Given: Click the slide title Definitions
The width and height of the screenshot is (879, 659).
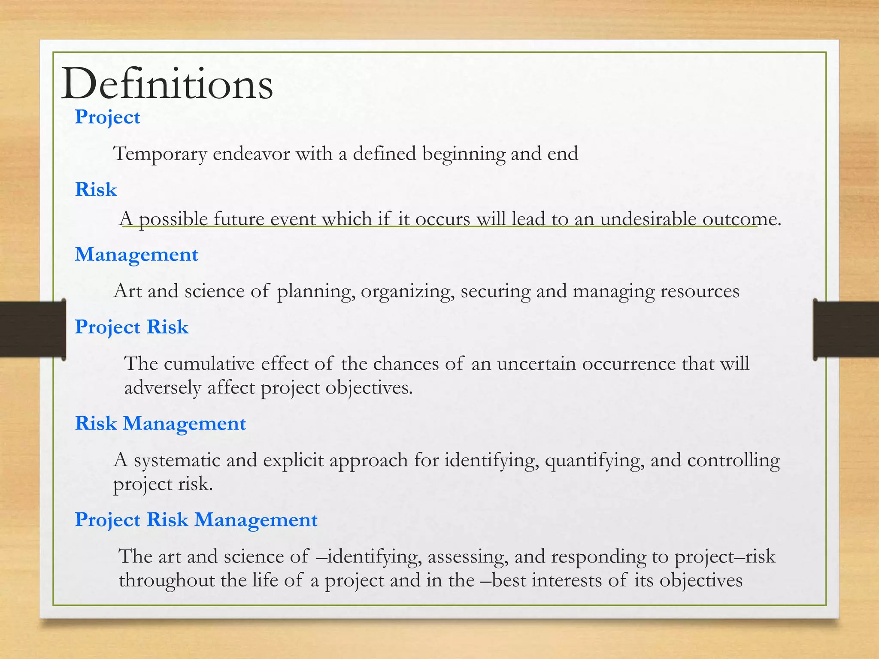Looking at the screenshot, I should point(167,84).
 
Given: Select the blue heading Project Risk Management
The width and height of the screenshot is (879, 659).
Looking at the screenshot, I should point(196,520).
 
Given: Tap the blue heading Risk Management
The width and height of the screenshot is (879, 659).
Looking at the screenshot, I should point(160,423).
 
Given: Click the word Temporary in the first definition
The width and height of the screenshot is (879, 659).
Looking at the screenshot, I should point(160,154).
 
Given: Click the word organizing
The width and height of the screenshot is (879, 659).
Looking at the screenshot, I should point(407,292).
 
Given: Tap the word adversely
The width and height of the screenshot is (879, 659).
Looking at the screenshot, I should point(163,388).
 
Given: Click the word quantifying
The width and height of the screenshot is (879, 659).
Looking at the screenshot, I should point(594,460).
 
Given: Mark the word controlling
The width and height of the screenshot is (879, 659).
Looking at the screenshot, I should point(734,460).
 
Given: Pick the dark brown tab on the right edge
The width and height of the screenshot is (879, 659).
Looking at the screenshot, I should point(846,329).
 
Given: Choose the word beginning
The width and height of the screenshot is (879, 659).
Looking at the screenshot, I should point(464,154).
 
